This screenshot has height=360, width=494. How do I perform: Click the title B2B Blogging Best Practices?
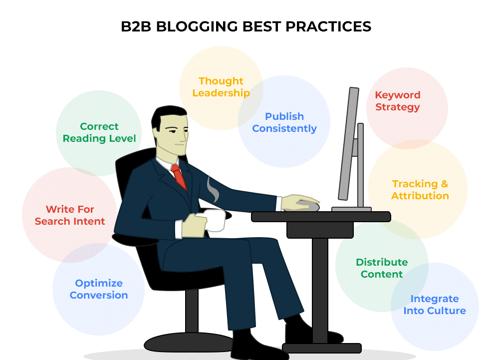click(246, 26)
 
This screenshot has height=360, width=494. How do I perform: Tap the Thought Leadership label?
click(221, 87)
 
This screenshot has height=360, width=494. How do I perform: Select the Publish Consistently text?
click(284, 122)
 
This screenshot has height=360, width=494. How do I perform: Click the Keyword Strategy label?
click(398, 101)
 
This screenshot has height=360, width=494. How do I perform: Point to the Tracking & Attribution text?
click(420, 190)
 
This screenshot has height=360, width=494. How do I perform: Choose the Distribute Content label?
click(382, 268)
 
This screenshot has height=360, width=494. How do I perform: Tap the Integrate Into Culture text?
click(435, 305)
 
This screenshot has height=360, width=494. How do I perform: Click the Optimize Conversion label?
click(99, 289)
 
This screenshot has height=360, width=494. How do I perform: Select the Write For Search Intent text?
click(70, 215)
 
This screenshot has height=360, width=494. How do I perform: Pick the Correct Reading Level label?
click(99, 132)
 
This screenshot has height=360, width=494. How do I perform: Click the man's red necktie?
click(179, 177)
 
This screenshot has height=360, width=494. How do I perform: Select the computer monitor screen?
click(349, 144)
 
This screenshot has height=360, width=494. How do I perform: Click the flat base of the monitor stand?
click(351, 209)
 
